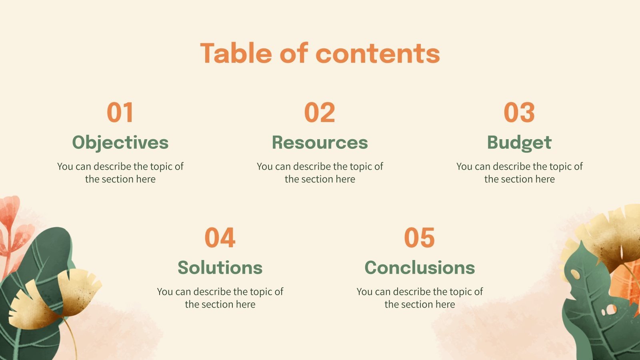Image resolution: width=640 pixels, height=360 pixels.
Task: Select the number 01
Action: [x=120, y=112]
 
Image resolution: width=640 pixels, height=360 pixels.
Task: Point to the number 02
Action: [x=320, y=112]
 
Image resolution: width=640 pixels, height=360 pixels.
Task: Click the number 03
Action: [x=519, y=112]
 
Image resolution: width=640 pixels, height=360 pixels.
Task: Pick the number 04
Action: [x=220, y=238]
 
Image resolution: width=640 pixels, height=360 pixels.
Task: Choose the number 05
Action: [x=420, y=238]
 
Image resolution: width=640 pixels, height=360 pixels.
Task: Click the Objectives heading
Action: [x=120, y=142]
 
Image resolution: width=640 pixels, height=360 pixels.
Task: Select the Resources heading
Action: [x=320, y=142]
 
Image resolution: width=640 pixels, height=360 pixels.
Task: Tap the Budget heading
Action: [x=519, y=142]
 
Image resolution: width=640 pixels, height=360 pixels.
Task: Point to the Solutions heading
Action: [x=220, y=268]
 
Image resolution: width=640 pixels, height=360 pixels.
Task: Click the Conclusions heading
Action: [x=420, y=268]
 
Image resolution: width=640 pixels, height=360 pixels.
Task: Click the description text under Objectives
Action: [x=120, y=172]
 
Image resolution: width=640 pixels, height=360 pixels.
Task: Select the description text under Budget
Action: [x=519, y=172]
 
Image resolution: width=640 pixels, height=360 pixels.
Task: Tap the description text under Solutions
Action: [x=220, y=298]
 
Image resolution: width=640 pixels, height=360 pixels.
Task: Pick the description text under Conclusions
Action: [x=420, y=298]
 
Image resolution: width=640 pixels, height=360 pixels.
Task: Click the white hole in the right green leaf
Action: [x=611, y=309]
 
